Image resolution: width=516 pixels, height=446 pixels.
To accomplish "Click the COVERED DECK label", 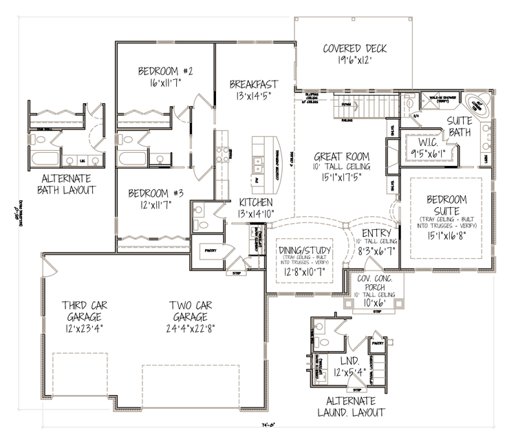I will pyautogui.click(x=354, y=48).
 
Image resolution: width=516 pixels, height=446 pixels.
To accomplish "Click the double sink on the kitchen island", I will pyautogui.click(x=261, y=164).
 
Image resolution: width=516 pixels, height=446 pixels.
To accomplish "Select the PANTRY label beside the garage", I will pyautogui.click(x=210, y=252).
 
